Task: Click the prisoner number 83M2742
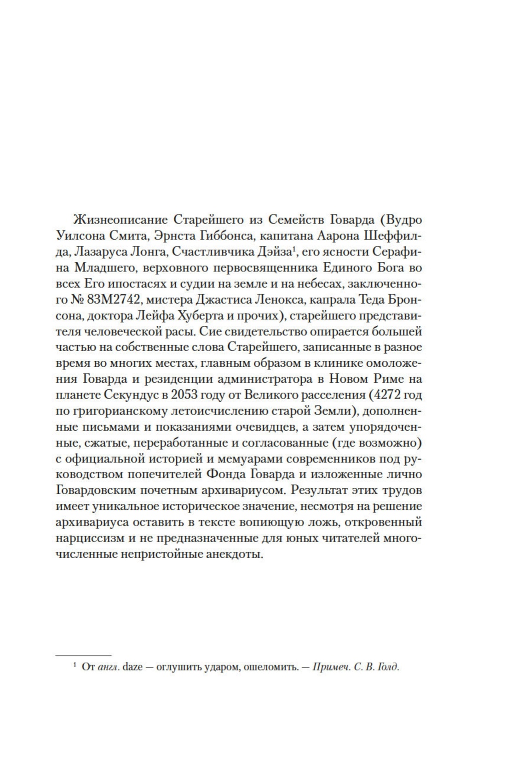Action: click(117, 300)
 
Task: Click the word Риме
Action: click(387, 379)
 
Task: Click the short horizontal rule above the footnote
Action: click(83, 655)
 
